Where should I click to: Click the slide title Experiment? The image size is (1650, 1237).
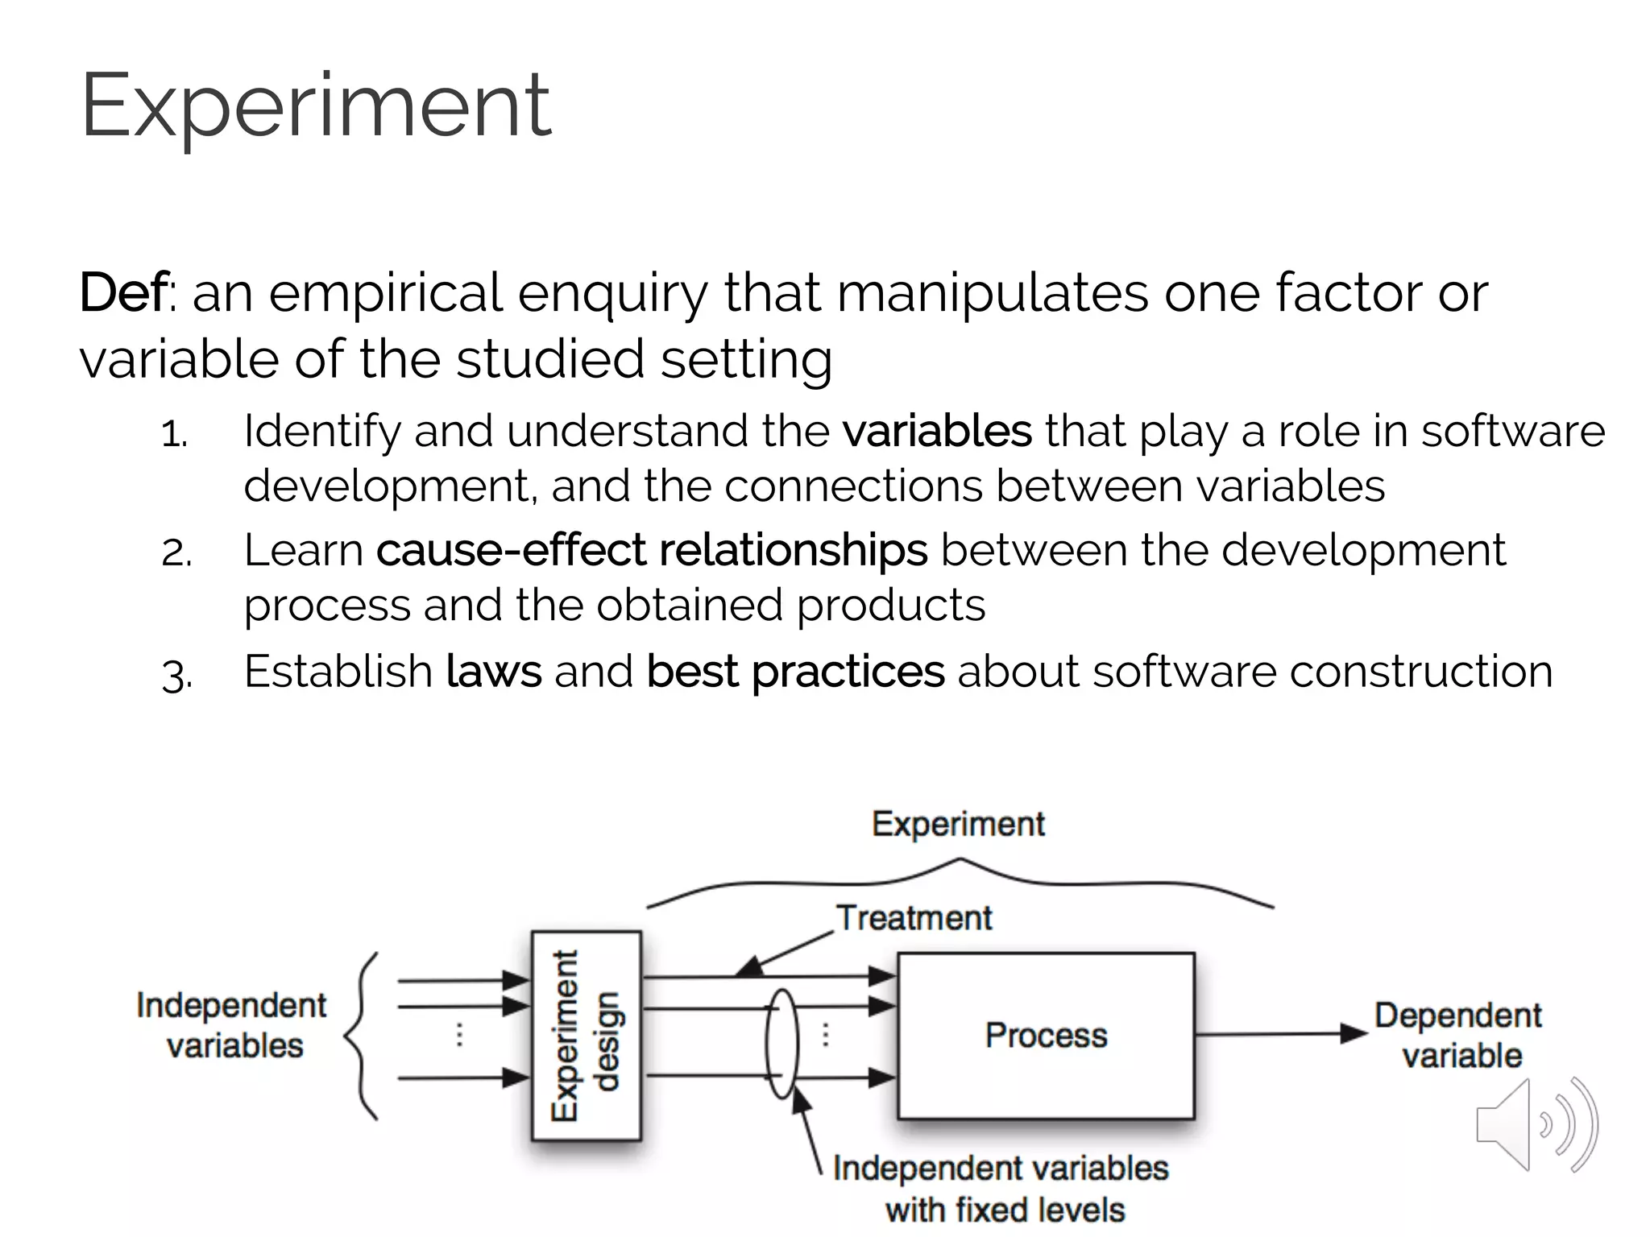pyautogui.click(x=316, y=106)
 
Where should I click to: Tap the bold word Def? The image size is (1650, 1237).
pyautogui.click(x=124, y=292)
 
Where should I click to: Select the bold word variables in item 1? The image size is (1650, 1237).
pyautogui.click(x=937, y=431)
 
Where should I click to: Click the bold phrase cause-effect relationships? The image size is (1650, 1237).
pyautogui.click(x=651, y=550)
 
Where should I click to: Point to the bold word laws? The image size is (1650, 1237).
pyautogui.click(x=493, y=671)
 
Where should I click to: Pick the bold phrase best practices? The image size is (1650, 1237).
pyautogui.click(x=794, y=671)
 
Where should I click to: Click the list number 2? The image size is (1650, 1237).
pyautogui.click(x=176, y=554)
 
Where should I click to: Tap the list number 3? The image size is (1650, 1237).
pyautogui.click(x=176, y=675)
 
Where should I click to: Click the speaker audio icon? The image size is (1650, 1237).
pyautogui.click(x=1535, y=1125)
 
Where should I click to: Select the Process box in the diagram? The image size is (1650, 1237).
pyautogui.click(x=1046, y=1036)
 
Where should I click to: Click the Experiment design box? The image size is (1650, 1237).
pyautogui.click(x=587, y=1036)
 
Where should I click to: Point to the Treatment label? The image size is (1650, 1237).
pyautogui.click(x=914, y=918)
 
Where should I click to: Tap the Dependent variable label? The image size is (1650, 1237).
pyautogui.click(x=1459, y=1036)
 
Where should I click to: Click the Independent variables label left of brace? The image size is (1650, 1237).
pyautogui.click(x=232, y=1025)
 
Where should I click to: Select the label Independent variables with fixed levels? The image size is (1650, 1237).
pyautogui.click(x=1001, y=1189)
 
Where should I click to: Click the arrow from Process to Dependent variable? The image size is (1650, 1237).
pyautogui.click(x=1281, y=1034)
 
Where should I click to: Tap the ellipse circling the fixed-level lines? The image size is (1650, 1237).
pyautogui.click(x=781, y=1044)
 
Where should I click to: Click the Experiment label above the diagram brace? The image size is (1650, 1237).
pyautogui.click(x=958, y=824)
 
